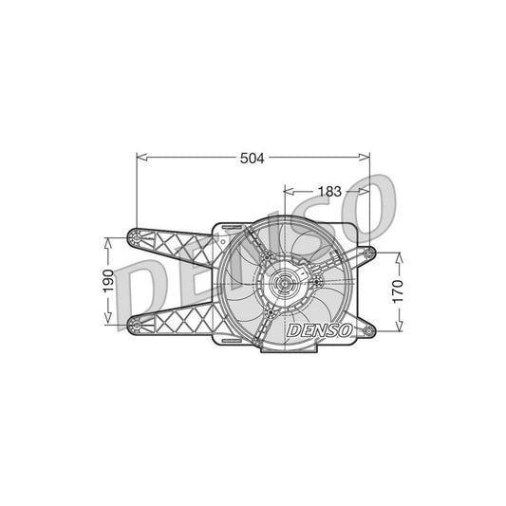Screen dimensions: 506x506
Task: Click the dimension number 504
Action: [251, 159]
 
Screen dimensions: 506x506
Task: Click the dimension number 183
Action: [328, 192]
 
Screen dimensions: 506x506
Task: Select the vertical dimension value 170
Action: [398, 289]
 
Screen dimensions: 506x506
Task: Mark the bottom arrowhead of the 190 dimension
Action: [107, 323]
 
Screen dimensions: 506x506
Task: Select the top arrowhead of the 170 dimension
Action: [398, 253]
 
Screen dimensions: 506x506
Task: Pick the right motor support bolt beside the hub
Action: [317, 280]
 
